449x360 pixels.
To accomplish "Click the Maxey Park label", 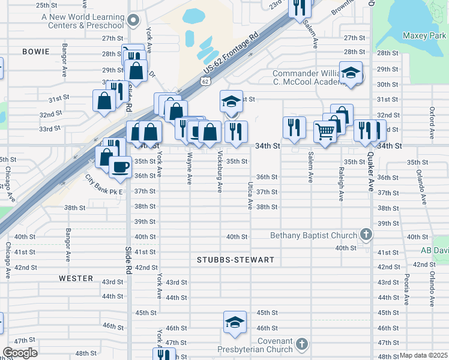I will tap(424, 36).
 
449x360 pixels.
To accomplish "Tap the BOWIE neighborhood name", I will tap(36, 52).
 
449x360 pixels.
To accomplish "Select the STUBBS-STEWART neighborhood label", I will tap(235, 260).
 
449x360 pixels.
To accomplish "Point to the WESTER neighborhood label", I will tap(76, 278).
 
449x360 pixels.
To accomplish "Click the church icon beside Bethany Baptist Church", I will tap(366, 235).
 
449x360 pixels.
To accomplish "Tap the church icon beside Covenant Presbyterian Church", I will tap(302, 344).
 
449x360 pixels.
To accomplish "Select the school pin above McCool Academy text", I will tap(351, 74).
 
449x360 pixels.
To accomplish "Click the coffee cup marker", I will tap(120, 166).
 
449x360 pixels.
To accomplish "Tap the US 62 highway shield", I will tap(206, 80).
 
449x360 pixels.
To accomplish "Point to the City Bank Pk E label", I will tap(103, 185).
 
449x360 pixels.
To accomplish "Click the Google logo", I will tap(20, 353).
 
